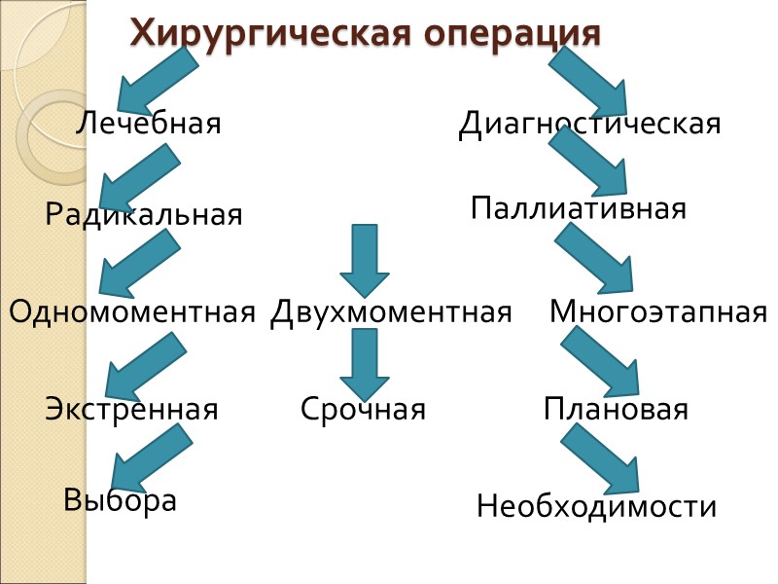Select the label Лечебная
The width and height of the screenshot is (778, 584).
pyautogui.click(x=149, y=124)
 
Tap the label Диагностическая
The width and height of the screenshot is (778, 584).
pyautogui.click(x=589, y=124)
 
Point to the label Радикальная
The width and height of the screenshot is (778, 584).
pyautogui.click(x=144, y=214)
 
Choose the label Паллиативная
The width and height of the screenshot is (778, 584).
pyautogui.click(x=579, y=208)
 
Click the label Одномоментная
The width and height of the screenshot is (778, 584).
pyautogui.click(x=132, y=312)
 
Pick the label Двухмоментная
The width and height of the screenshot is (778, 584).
pyautogui.click(x=391, y=312)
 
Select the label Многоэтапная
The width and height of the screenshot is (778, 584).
pyautogui.click(x=658, y=312)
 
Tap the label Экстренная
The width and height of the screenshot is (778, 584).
pyautogui.click(x=131, y=409)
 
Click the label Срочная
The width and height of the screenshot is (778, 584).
pyautogui.click(x=363, y=409)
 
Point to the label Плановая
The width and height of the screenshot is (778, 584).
pyautogui.click(x=616, y=409)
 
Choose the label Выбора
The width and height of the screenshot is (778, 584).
pyautogui.click(x=120, y=500)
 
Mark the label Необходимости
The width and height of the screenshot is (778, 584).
pyautogui.click(x=596, y=506)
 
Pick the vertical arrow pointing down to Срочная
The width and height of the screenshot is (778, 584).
pyautogui.click(x=365, y=364)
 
